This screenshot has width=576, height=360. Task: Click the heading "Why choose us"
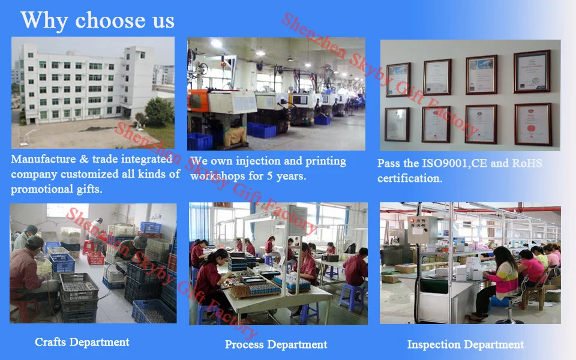point(97,20)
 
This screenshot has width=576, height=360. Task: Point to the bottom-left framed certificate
point(397,124)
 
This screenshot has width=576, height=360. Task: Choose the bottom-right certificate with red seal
point(533,124)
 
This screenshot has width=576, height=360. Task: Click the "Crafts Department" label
point(82,343)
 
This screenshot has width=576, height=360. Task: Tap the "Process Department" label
point(276,344)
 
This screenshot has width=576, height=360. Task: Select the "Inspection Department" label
point(466,344)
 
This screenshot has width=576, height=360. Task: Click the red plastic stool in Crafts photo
point(95,258)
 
